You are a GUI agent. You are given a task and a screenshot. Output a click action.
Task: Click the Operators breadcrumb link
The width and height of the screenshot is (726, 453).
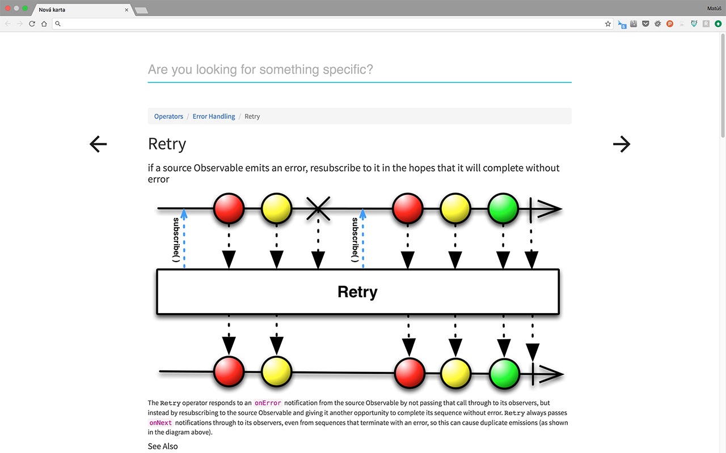coord(168,116)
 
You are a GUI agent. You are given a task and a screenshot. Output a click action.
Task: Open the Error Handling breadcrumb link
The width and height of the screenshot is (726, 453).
coord(213,116)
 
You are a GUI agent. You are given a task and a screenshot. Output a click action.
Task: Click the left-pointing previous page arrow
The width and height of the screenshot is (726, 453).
coord(98,144)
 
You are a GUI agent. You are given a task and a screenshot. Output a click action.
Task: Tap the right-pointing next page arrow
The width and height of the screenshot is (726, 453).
coord(622,144)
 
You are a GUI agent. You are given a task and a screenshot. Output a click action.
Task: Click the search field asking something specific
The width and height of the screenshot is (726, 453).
coord(359,70)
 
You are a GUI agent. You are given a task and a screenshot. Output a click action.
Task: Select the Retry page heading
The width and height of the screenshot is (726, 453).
coord(167,144)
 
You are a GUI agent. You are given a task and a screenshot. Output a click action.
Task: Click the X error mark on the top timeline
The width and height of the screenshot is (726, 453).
coord(318,208)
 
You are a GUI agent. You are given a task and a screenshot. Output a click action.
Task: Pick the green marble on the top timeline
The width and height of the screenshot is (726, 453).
coord(503,208)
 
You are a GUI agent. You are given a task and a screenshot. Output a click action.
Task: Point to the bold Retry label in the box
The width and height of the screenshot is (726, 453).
coord(357,292)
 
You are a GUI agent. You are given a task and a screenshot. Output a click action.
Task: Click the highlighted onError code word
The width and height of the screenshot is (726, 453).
coord(268,403)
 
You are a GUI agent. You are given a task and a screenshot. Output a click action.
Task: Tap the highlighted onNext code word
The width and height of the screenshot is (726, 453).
coord(161,423)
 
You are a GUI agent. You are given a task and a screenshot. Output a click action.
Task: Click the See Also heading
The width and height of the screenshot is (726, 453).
coord(163,446)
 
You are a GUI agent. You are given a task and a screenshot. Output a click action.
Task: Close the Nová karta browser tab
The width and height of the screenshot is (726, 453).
coord(126,10)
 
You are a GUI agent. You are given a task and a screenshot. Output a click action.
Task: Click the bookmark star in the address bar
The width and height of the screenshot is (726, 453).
coord(608,24)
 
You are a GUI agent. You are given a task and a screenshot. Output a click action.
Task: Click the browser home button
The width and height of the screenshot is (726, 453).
coord(44,24)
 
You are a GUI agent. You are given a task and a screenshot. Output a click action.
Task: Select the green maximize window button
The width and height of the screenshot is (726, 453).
coord(25,8)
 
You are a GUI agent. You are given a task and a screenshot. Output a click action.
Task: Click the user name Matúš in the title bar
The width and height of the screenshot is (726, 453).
coord(714,8)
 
